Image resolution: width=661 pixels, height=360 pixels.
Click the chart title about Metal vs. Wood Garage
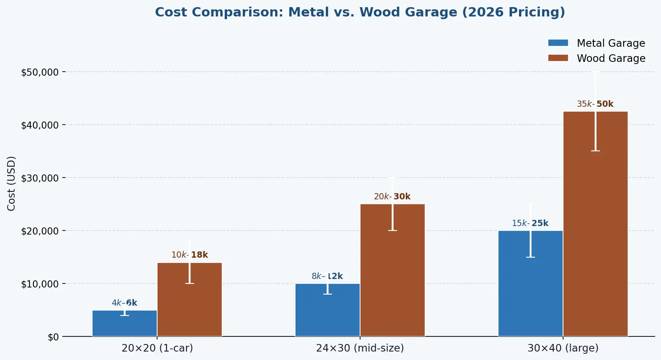point(360,12)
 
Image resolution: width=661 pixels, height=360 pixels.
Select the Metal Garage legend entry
point(596,43)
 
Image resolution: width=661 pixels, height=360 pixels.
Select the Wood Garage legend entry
point(596,58)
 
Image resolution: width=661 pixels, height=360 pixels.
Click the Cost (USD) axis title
point(12,183)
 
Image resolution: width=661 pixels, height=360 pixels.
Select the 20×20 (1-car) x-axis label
point(157,348)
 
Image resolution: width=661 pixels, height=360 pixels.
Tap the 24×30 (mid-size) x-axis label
point(360,348)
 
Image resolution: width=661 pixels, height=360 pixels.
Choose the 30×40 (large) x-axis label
point(563,348)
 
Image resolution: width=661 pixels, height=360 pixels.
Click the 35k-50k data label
point(595,104)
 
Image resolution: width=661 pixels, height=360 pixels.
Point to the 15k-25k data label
point(530,223)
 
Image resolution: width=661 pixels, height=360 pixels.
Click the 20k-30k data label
point(392,197)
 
